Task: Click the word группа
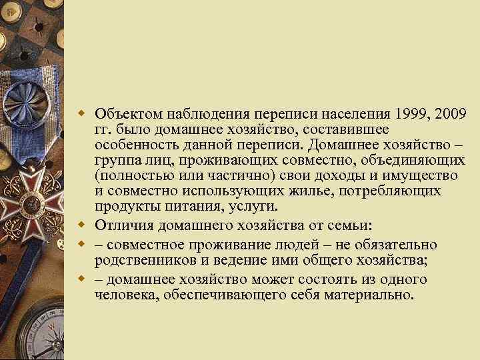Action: coord(116,161)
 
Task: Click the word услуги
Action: coord(247,207)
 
